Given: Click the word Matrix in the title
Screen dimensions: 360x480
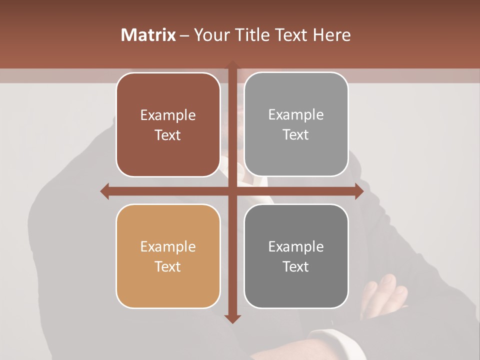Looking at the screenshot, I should (148, 35).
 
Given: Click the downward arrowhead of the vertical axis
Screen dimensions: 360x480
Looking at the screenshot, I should (232, 318).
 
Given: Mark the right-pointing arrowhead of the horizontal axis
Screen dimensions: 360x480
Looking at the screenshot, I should (358, 191).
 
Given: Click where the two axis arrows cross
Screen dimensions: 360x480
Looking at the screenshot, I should (232, 191).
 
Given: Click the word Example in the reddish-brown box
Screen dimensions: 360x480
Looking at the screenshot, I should (168, 115).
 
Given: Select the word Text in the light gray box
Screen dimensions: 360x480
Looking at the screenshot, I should (296, 135).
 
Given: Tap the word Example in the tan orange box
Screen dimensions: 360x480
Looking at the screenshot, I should (168, 246).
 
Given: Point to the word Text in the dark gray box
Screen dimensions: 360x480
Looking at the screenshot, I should (296, 266).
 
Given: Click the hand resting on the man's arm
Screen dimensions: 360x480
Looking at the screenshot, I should (385, 292).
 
